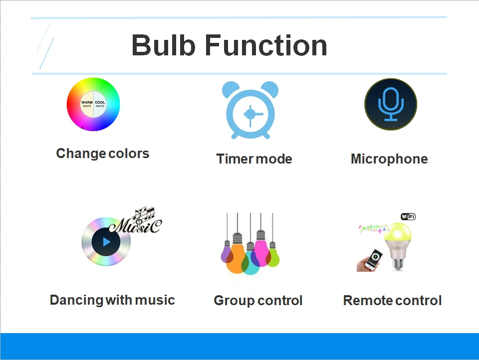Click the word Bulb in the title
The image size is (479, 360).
click(164, 45)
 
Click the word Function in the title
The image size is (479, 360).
click(266, 45)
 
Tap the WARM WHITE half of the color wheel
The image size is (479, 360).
click(87, 104)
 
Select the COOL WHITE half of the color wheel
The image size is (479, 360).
click(100, 104)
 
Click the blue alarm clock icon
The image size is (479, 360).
click(250, 110)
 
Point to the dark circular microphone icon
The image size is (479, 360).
click(391, 104)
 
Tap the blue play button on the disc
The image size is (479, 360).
click(106, 242)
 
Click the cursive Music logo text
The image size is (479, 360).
click(136, 221)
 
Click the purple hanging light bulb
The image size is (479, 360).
click(227, 253)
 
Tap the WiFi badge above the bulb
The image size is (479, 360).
click(408, 216)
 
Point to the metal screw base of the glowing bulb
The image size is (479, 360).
click(398, 264)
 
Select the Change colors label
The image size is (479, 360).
click(103, 154)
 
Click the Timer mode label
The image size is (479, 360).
click(254, 159)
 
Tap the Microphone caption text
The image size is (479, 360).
click(389, 159)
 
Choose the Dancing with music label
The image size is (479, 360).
click(112, 300)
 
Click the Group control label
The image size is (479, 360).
click(258, 301)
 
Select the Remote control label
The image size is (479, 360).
click(393, 301)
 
